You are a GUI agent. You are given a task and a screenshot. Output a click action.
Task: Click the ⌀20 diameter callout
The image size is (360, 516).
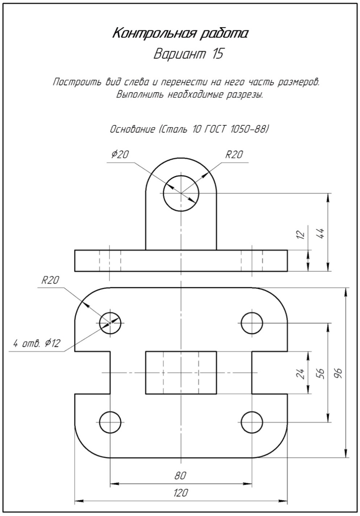[x=120, y=154]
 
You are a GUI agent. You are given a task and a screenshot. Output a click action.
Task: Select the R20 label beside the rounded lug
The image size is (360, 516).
[x=234, y=154]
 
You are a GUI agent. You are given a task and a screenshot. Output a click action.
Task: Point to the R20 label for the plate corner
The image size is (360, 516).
[x=50, y=280]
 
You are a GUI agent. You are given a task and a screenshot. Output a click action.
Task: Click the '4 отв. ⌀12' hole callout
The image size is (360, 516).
[x=37, y=343]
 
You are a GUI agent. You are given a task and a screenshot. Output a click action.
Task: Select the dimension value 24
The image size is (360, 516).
[x=300, y=373]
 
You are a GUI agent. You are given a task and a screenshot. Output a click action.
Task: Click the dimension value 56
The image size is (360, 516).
[x=320, y=373]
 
